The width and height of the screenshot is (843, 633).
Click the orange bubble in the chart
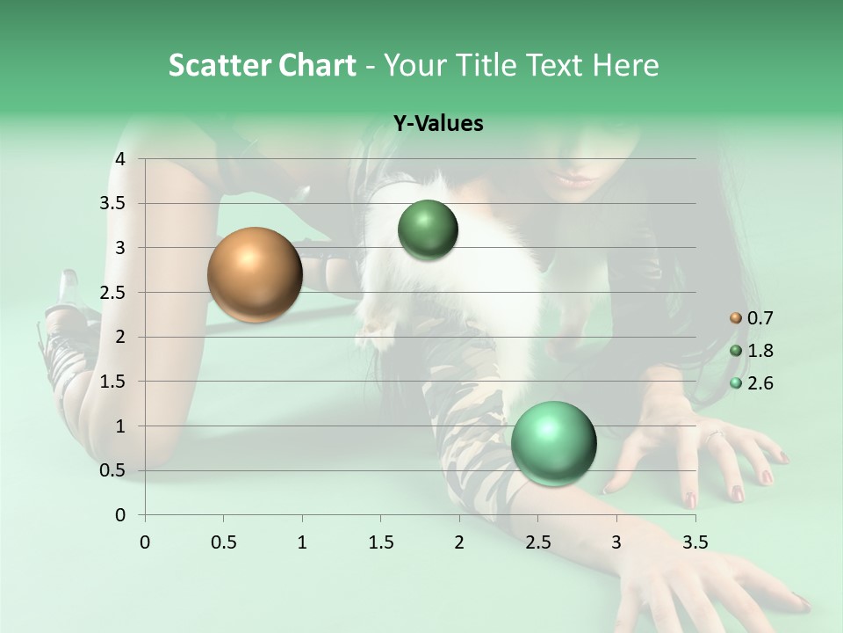coord(255,274)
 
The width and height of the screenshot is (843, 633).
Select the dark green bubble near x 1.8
coord(428,230)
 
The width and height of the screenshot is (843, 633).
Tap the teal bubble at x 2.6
coord(553,443)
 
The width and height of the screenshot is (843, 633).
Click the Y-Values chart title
coord(438,124)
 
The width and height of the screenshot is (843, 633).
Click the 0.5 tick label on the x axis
coord(224,542)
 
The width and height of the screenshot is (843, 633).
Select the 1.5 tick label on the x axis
coord(381,542)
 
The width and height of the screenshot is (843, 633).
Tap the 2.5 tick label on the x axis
coord(538,542)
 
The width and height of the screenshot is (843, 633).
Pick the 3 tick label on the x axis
coord(616,542)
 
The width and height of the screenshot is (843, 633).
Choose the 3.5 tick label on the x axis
coord(695,542)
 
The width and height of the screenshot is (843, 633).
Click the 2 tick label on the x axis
coord(459,542)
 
